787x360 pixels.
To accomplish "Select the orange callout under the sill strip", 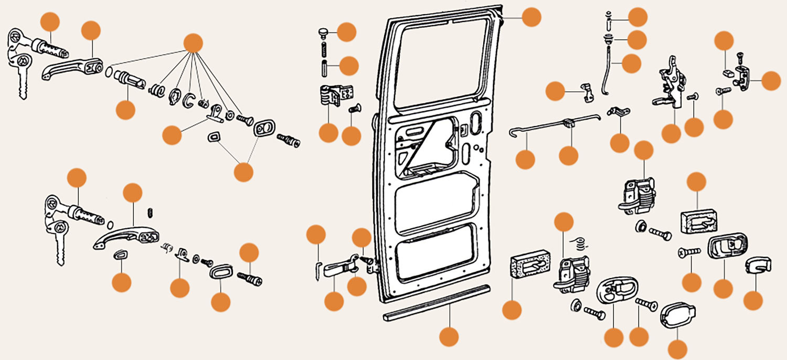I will click(449, 336).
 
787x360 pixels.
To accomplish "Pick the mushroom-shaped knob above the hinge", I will click(324, 34).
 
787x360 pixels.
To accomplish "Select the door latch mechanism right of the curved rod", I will click(669, 84).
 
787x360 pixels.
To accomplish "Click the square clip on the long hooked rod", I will click(568, 124).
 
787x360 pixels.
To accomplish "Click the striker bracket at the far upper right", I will click(743, 78).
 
